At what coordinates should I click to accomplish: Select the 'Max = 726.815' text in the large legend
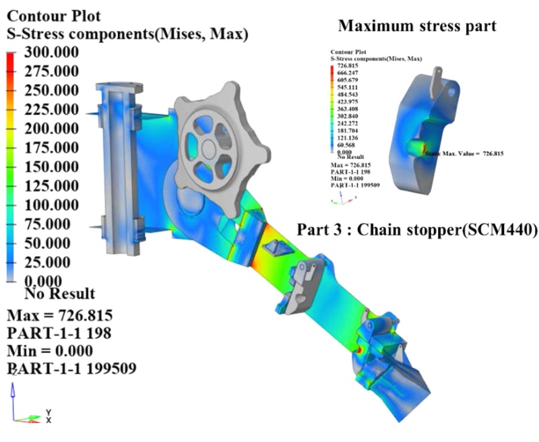[59, 315]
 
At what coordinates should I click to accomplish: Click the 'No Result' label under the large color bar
[59, 294]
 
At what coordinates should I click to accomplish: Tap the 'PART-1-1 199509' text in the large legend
[71, 368]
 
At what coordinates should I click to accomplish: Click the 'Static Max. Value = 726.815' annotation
[465, 154]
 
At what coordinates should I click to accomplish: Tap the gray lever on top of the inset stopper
[437, 75]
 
